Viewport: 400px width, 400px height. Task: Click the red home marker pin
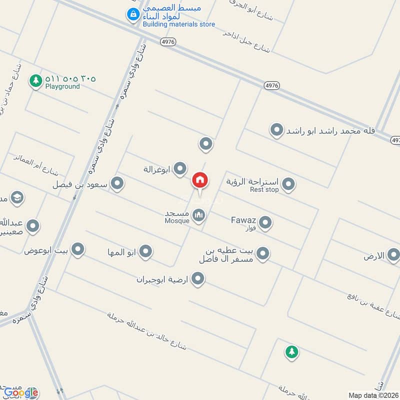[x=200, y=180]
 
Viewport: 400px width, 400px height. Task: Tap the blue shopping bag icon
[x=132, y=15]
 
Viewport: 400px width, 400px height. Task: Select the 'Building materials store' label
[x=178, y=24]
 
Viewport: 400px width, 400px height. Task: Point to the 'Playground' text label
[x=62, y=86]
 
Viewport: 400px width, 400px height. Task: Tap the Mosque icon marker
[x=199, y=215]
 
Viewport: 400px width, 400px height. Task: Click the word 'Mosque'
[x=177, y=220]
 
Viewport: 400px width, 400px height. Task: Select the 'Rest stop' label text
[x=264, y=189]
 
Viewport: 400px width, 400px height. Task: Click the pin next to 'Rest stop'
[x=288, y=185]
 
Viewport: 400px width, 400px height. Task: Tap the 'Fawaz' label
[x=243, y=219]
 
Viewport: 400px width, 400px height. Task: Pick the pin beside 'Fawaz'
[x=265, y=222]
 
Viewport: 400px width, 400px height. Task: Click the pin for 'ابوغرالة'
[x=179, y=169]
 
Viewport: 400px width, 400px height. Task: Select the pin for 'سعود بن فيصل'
[x=117, y=184]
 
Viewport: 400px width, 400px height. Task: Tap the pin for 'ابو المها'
[x=145, y=251]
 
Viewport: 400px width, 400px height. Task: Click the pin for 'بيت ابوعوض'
[x=77, y=249]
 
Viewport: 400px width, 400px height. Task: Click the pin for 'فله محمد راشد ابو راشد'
[x=276, y=130]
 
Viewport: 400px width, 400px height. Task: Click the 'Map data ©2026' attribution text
[x=373, y=395]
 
